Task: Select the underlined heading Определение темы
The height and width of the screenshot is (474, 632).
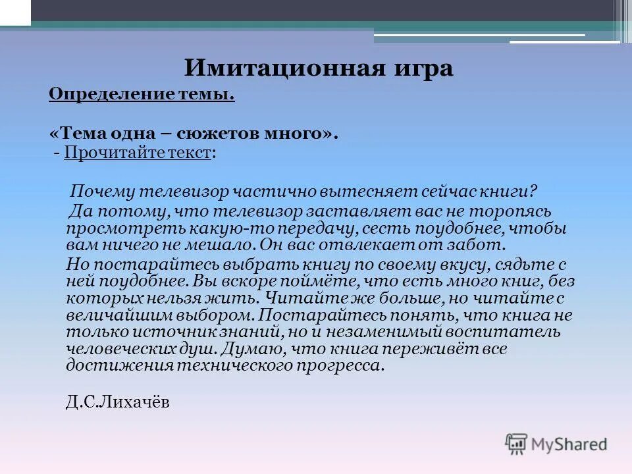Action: [142, 95]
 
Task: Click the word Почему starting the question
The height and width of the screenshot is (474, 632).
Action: [101, 192]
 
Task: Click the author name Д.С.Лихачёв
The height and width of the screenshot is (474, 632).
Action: [118, 402]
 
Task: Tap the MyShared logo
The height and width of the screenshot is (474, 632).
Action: [556, 444]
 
